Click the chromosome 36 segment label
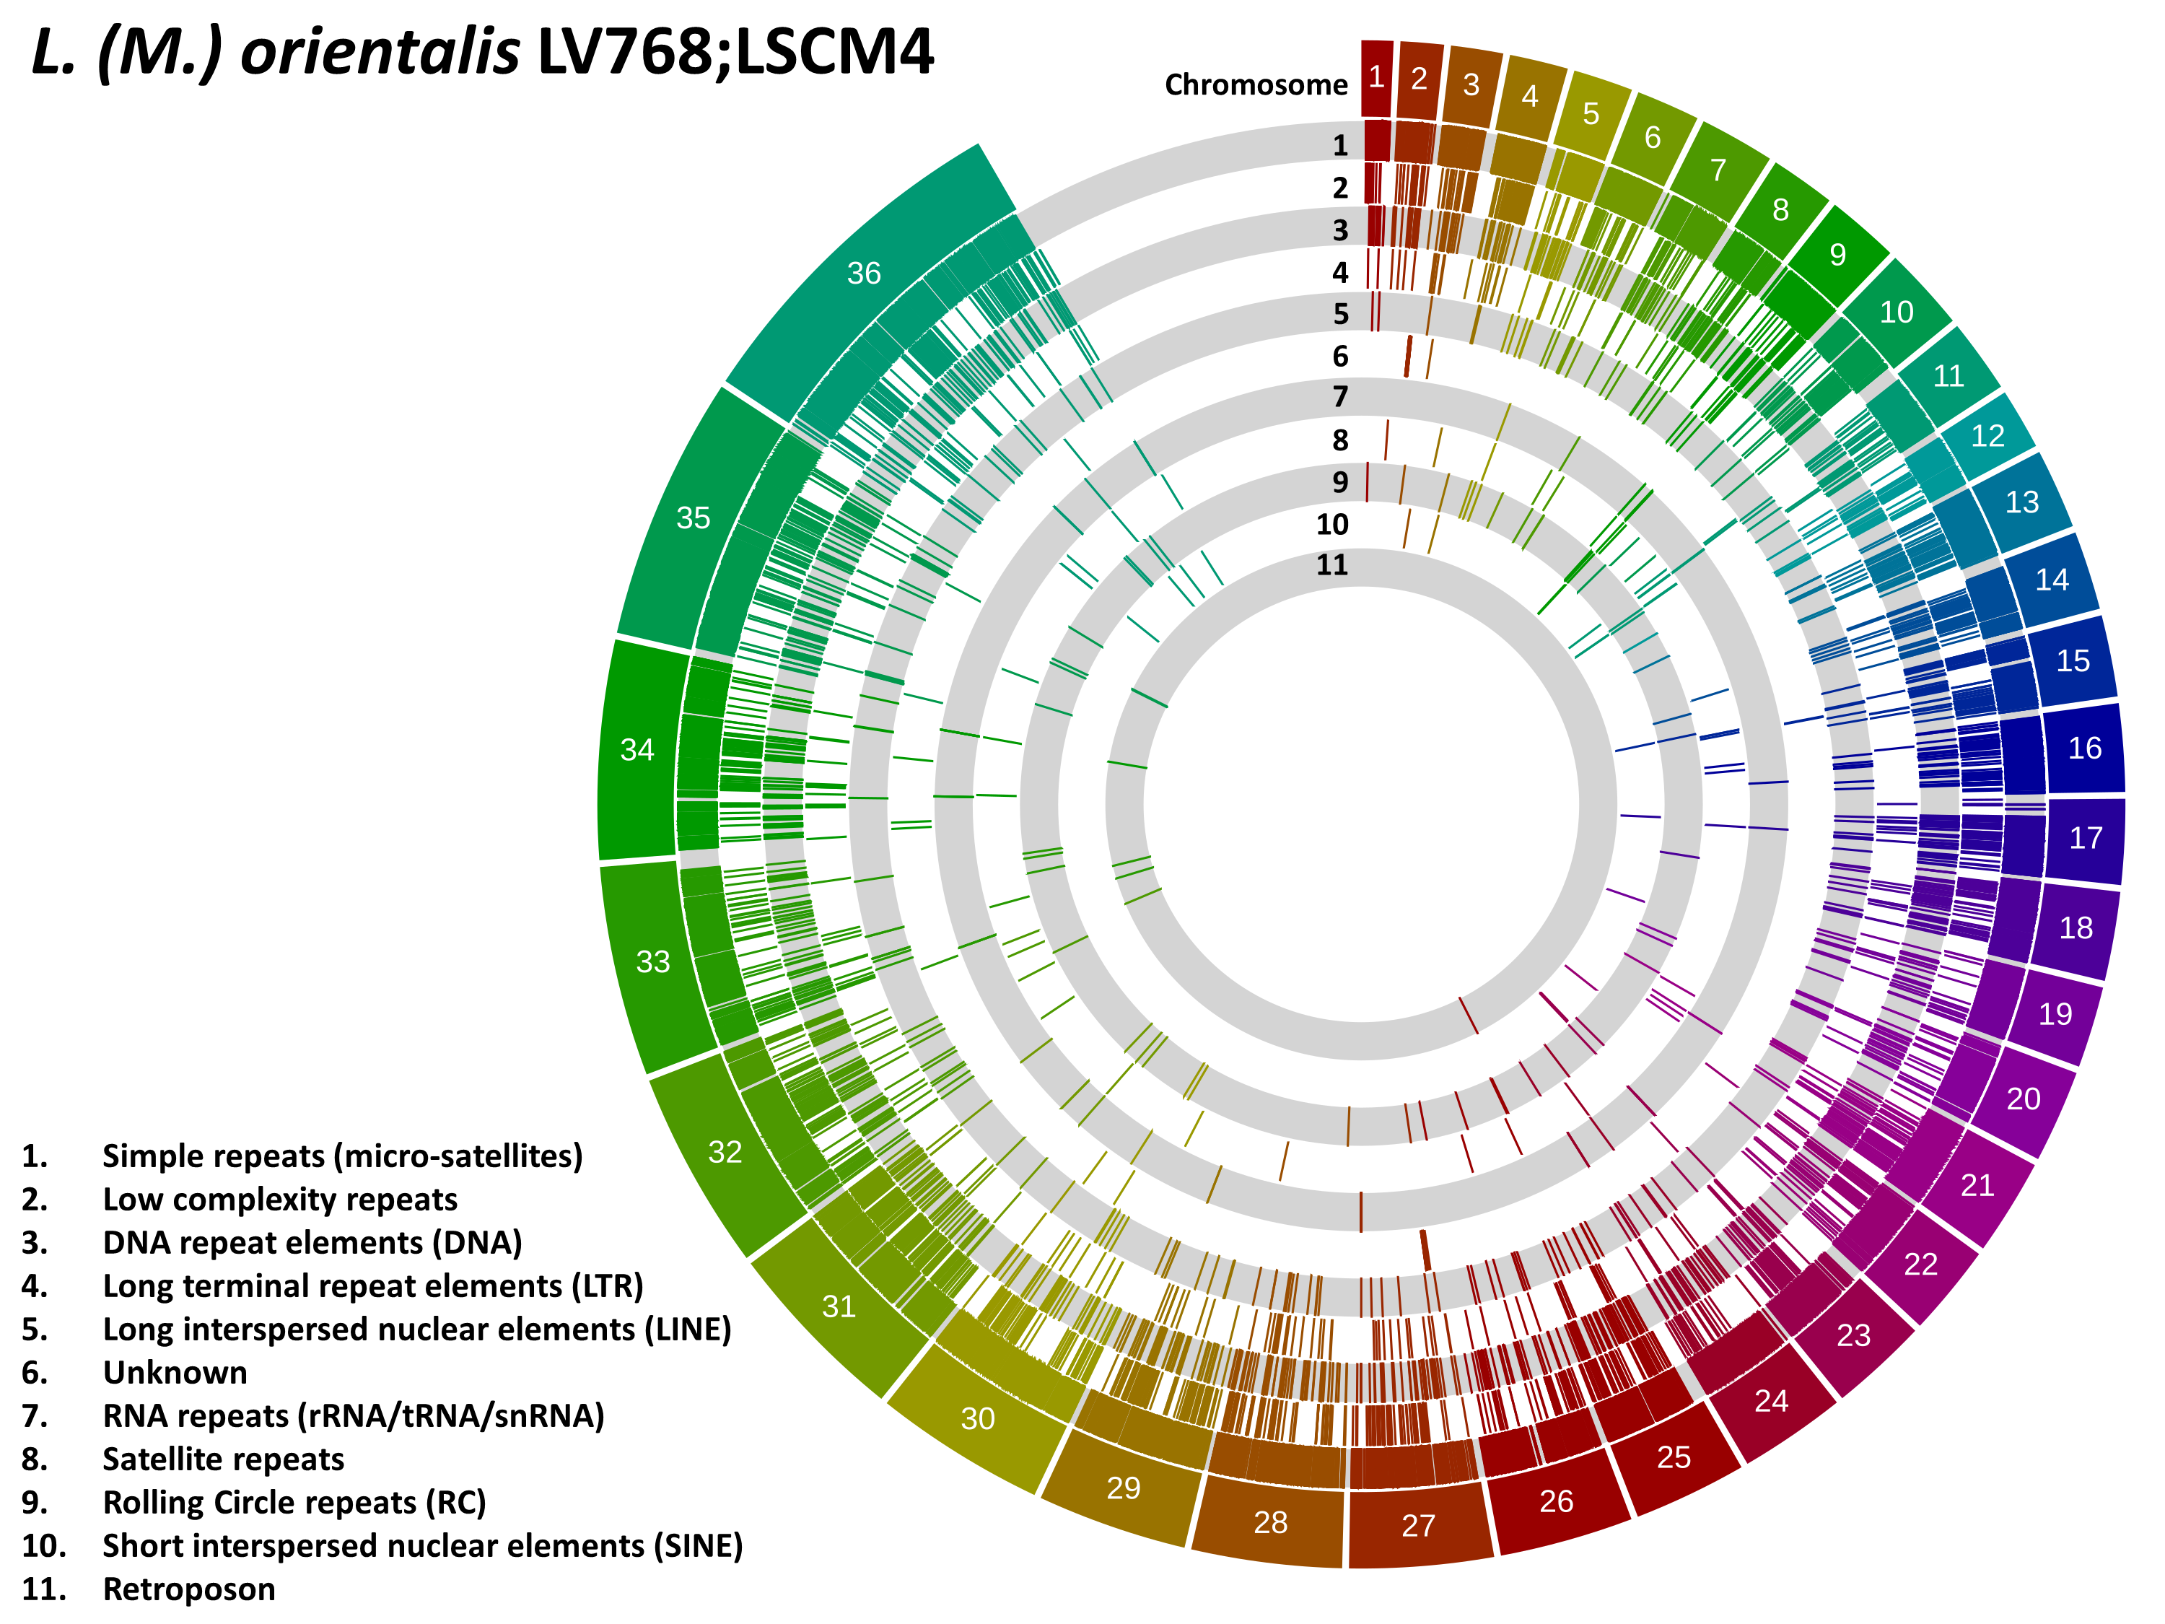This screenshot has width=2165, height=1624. click(x=865, y=273)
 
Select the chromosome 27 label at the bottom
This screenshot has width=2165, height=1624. click(x=1418, y=1525)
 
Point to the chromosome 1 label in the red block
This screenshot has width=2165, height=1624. click(x=1376, y=77)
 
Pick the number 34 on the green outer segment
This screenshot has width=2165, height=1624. click(x=637, y=750)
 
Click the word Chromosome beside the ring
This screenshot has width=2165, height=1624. click(x=1256, y=85)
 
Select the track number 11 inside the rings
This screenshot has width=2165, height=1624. click(x=1332, y=565)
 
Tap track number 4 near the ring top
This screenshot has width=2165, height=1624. click(x=1340, y=272)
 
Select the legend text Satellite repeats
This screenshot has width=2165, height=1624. click(x=223, y=1459)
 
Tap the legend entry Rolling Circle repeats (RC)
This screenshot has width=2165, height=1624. click(x=294, y=1503)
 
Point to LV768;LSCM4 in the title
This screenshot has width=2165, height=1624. click(x=736, y=52)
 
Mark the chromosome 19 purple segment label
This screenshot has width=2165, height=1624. click(x=2055, y=1013)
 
